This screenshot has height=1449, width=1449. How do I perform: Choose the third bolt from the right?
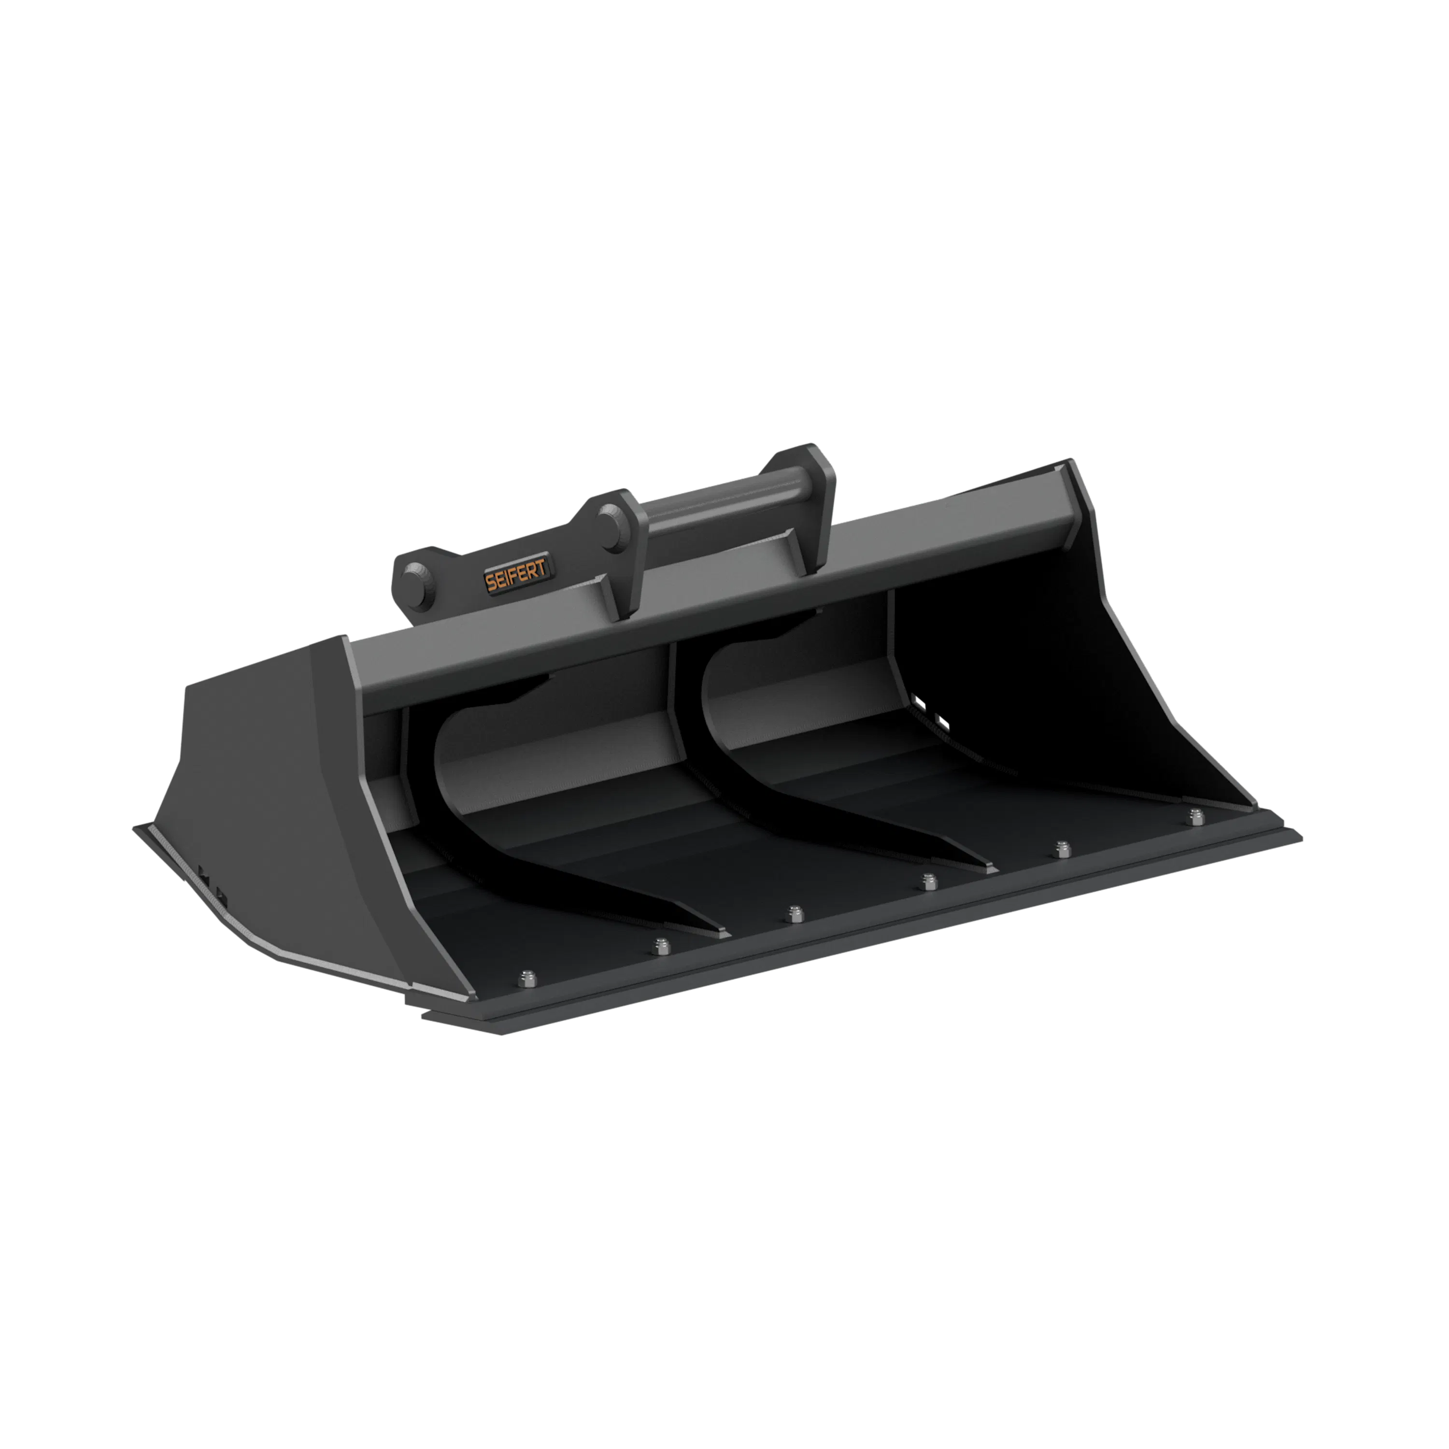(x=929, y=881)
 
